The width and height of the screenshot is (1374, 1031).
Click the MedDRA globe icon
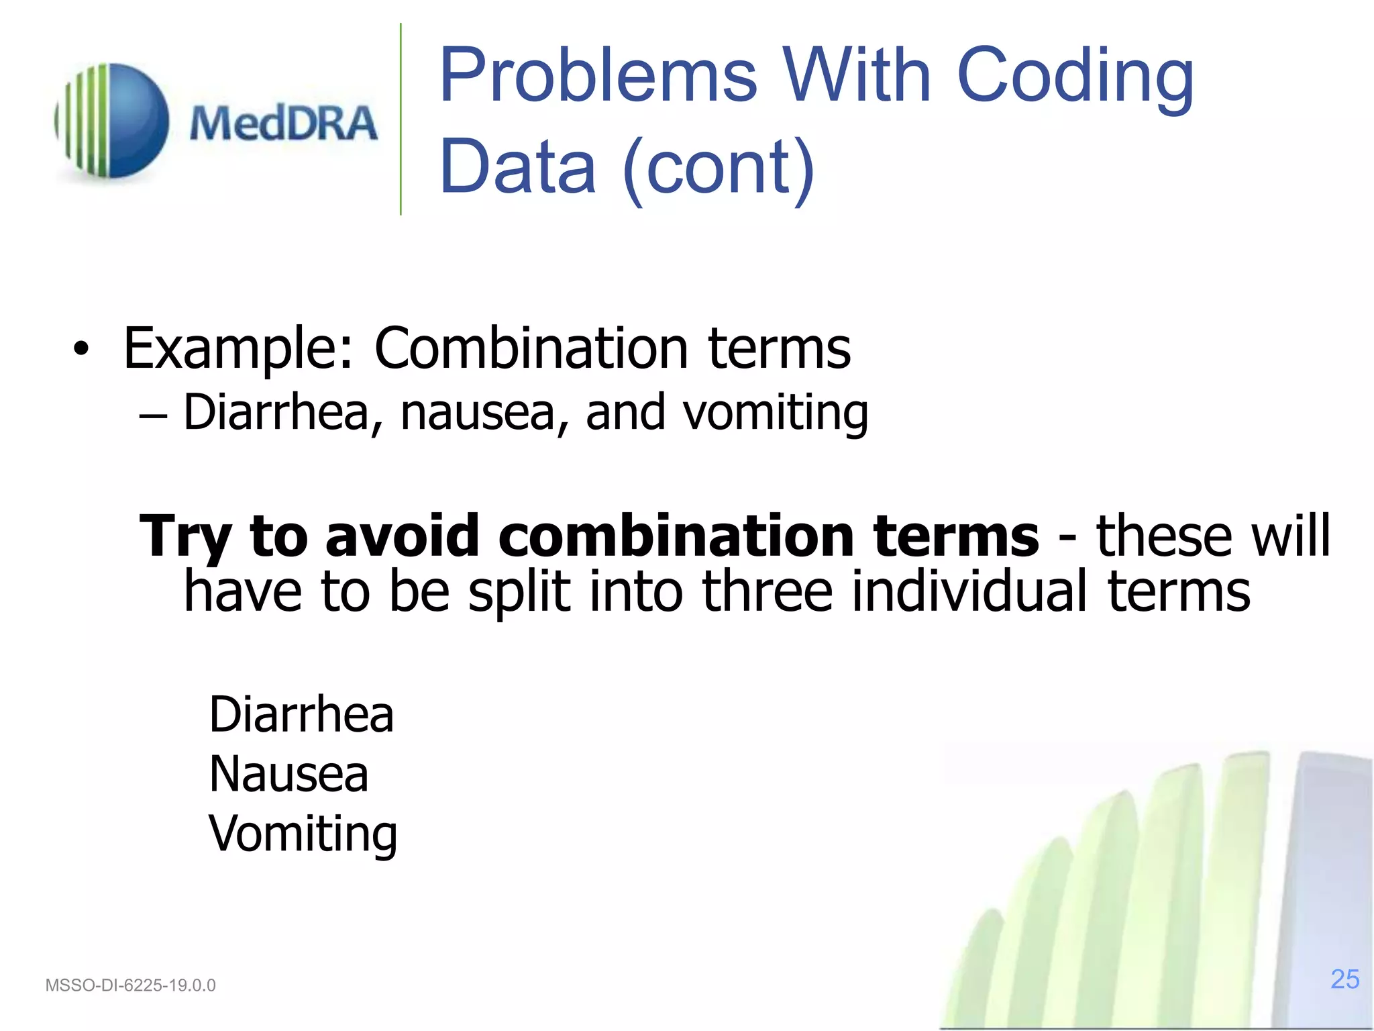(x=113, y=121)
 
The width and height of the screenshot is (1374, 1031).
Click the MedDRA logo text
(x=283, y=124)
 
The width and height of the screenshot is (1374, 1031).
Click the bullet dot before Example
(x=81, y=350)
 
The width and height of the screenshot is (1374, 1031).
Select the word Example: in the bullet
(x=239, y=349)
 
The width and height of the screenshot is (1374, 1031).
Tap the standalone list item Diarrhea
(x=301, y=714)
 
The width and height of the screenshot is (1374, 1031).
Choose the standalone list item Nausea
(x=288, y=774)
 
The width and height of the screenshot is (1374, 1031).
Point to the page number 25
(x=1344, y=979)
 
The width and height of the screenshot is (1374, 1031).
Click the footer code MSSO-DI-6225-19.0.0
(x=130, y=985)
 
